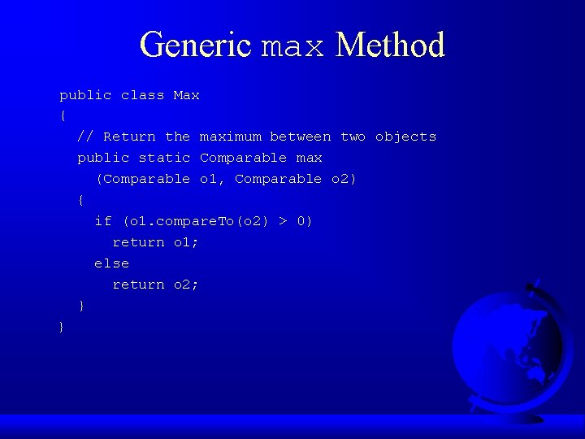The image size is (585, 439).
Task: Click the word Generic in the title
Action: (195, 45)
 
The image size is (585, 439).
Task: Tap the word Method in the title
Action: (390, 45)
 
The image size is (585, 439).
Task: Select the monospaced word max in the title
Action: (292, 47)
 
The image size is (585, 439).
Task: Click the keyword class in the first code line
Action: (142, 95)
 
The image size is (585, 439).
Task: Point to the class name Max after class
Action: (186, 95)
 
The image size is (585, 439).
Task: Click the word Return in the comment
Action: (129, 137)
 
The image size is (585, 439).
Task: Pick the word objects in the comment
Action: (405, 137)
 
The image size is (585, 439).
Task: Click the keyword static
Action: (164, 158)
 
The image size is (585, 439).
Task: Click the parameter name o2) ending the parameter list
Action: (344, 179)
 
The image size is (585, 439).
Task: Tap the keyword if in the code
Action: (103, 221)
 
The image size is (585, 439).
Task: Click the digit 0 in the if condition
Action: (301, 221)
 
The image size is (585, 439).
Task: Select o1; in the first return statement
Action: (186, 242)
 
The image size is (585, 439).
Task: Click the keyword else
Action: (111, 263)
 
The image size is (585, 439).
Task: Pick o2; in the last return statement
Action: (186, 285)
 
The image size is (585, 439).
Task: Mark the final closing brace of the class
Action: (62, 327)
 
